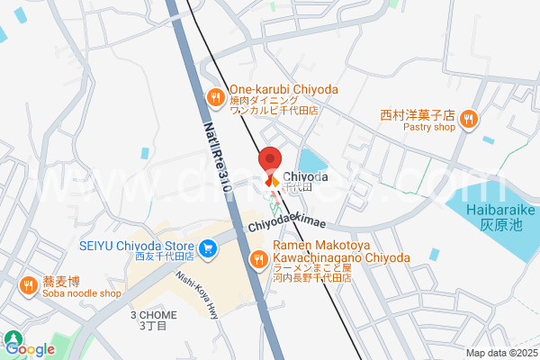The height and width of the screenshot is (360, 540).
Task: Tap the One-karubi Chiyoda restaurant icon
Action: [x=215, y=96]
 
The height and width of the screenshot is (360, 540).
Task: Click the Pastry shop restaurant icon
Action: [x=468, y=118]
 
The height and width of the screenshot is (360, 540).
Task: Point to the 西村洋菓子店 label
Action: [x=415, y=115]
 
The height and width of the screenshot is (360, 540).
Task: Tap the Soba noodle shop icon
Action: [x=28, y=285]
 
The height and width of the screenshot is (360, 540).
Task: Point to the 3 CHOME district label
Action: [x=154, y=315]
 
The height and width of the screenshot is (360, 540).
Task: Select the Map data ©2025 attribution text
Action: [x=501, y=353]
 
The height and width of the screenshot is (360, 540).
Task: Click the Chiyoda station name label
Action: [x=306, y=177]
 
